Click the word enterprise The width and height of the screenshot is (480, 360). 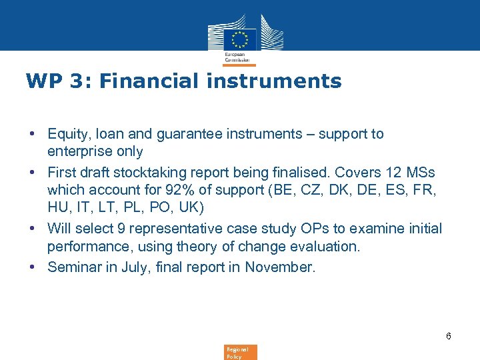pos(79,152)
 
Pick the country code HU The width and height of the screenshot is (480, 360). pos(58,209)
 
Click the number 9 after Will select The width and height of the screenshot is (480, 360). pos(122,229)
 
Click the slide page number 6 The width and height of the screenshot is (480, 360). pos(449,336)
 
